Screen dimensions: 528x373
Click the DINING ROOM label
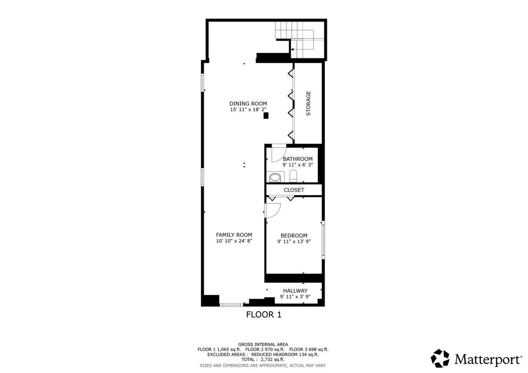pos(248,104)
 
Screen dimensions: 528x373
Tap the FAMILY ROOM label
pos(234,235)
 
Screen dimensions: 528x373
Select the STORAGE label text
pos(308,103)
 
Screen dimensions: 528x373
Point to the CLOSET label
pos(294,190)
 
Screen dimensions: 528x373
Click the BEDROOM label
pos(294,235)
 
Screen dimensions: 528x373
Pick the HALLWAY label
pos(295,291)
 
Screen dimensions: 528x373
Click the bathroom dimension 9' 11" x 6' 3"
pos(297,165)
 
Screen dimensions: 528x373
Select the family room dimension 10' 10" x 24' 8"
pos(234,241)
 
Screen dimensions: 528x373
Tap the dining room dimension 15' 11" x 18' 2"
pos(248,109)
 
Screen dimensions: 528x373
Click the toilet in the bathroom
pos(293,176)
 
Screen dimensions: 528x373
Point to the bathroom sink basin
pos(275,177)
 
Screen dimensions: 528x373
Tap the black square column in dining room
pos(266,116)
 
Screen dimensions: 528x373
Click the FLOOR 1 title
pos(264,315)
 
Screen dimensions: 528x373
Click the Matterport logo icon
pos(440,359)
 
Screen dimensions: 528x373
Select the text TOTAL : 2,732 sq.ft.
pos(263,359)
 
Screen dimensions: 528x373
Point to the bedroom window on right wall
pos(323,240)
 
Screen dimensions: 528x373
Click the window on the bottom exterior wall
pos(231,305)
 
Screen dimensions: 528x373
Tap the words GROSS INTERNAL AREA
pos(263,344)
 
